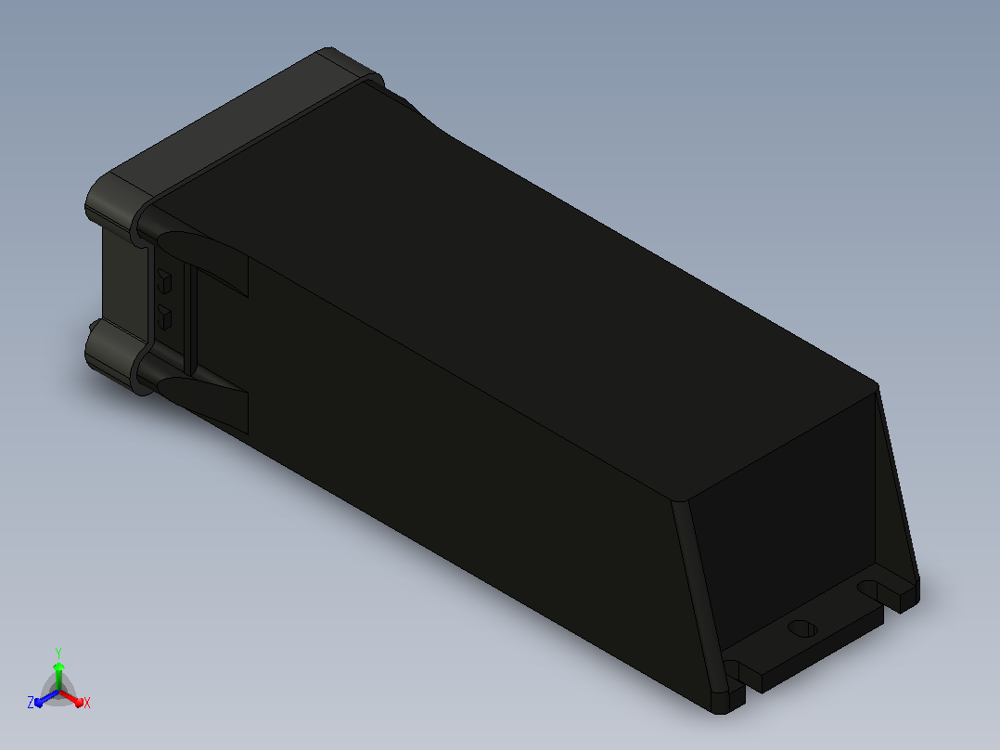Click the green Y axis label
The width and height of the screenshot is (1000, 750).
pyautogui.click(x=58, y=653)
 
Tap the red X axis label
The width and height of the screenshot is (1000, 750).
pyautogui.click(x=87, y=703)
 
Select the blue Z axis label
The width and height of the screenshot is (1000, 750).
pyautogui.click(x=31, y=702)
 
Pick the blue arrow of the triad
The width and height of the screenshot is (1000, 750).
pyautogui.click(x=46, y=698)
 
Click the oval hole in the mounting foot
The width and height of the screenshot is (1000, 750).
pyautogui.click(x=802, y=628)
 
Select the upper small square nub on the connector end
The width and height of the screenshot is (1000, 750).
pyautogui.click(x=164, y=281)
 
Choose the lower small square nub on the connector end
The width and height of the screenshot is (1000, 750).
pyautogui.click(x=164, y=317)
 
